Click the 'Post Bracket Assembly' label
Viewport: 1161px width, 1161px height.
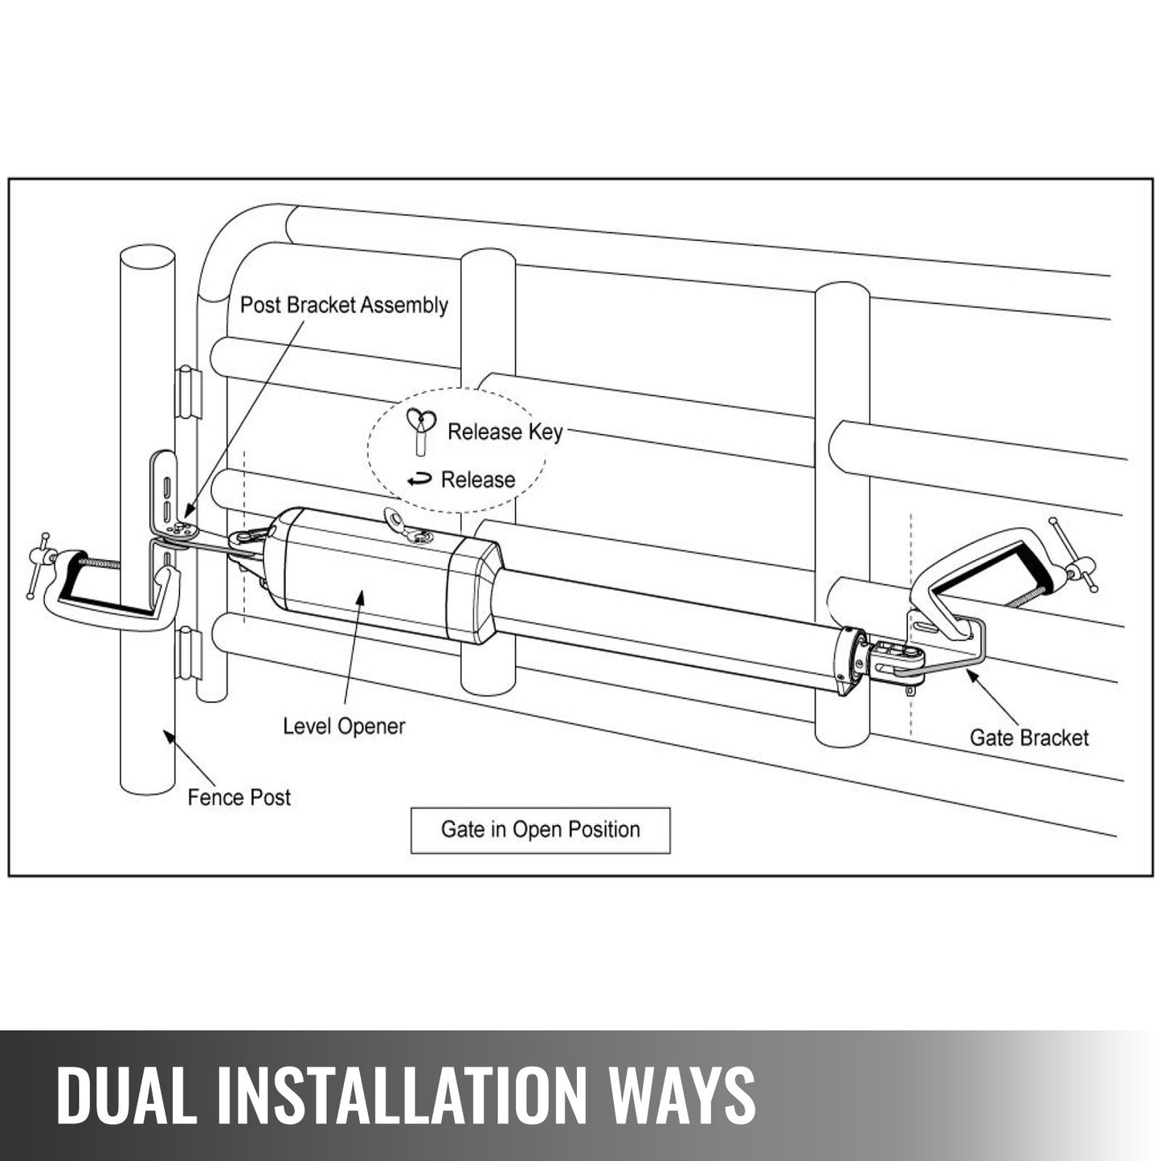[344, 305]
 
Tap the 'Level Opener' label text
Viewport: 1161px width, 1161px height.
[344, 726]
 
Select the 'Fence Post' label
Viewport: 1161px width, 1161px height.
[239, 798]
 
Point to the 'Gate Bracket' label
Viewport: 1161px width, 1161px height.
[1028, 738]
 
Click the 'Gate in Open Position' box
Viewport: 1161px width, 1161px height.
[540, 830]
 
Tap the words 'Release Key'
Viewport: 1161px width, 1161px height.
[505, 432]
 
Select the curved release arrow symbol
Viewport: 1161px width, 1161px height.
[419, 480]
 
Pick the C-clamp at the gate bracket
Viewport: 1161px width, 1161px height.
[996, 570]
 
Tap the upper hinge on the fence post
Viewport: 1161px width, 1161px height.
[188, 392]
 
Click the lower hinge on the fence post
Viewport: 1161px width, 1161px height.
[188, 652]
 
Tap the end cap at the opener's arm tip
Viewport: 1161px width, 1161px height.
[850, 660]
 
